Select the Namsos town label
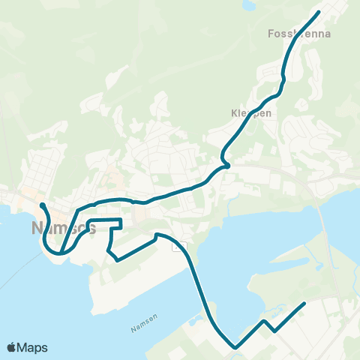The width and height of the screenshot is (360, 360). [64, 228]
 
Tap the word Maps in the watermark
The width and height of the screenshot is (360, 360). [34, 347]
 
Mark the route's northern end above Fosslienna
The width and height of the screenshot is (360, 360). [319, 12]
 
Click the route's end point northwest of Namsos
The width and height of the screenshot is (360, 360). [41, 204]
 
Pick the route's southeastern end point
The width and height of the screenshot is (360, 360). [304, 304]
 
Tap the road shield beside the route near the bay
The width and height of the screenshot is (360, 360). [179, 246]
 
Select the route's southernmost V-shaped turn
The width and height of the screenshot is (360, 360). [235, 347]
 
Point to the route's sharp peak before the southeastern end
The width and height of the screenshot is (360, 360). [265, 321]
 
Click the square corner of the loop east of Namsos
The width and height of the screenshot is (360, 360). [121, 220]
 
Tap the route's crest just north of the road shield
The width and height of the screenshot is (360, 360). [156, 235]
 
